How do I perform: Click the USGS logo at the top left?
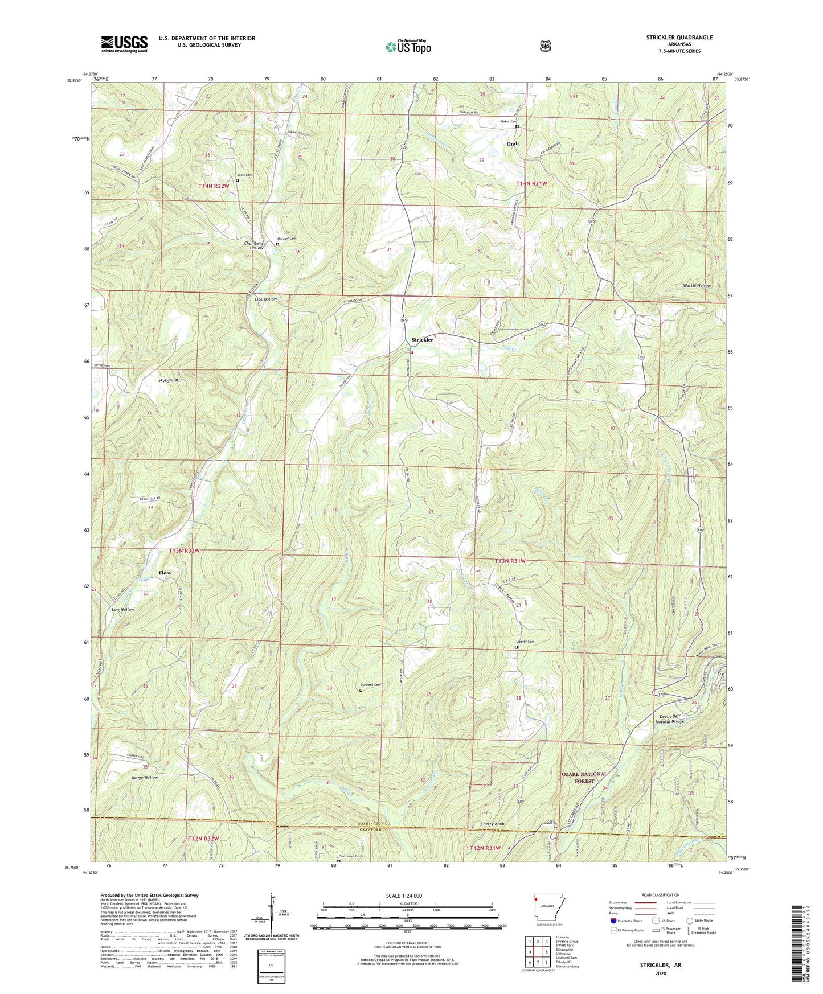click(x=124, y=43)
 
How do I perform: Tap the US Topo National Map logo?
click(x=408, y=47)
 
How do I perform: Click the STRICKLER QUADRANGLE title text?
click(x=671, y=38)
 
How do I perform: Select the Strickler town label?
click(x=423, y=340)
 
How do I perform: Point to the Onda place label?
click(x=513, y=144)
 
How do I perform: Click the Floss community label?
click(x=165, y=573)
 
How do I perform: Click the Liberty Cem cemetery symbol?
click(x=517, y=647)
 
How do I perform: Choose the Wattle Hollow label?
click(x=697, y=285)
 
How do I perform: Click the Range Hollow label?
click(x=144, y=777)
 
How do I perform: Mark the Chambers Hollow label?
click(x=254, y=245)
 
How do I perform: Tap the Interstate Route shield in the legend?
click(x=613, y=921)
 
